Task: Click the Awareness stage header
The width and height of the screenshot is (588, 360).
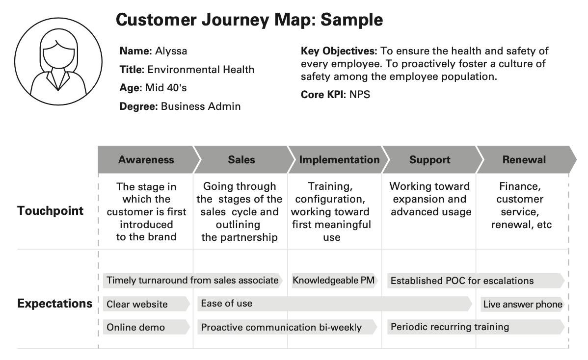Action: (146, 159)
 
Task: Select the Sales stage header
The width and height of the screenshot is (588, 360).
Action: (241, 159)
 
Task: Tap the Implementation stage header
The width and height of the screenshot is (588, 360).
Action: (339, 159)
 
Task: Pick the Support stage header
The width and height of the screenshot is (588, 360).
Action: (430, 159)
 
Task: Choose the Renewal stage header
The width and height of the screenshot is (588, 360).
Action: (524, 159)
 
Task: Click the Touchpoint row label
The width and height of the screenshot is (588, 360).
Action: (50, 210)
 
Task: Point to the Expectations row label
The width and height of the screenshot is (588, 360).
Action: (55, 304)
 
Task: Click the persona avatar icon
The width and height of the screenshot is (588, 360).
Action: (58, 61)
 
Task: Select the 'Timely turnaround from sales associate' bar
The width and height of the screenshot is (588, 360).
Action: (193, 281)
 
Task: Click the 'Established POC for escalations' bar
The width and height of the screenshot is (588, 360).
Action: (476, 281)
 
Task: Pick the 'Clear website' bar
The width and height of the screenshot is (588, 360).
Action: (146, 304)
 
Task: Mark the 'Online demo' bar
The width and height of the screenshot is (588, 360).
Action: (146, 327)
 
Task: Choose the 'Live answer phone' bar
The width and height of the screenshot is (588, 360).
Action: (522, 304)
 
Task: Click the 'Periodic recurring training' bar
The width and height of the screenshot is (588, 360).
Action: (476, 327)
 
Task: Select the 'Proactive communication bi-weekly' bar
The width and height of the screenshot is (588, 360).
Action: (287, 327)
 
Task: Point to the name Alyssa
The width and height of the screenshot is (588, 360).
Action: (171, 51)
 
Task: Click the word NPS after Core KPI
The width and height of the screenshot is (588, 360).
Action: (360, 94)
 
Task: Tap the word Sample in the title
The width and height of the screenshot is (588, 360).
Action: (352, 20)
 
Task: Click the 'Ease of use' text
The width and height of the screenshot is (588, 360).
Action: (226, 304)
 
